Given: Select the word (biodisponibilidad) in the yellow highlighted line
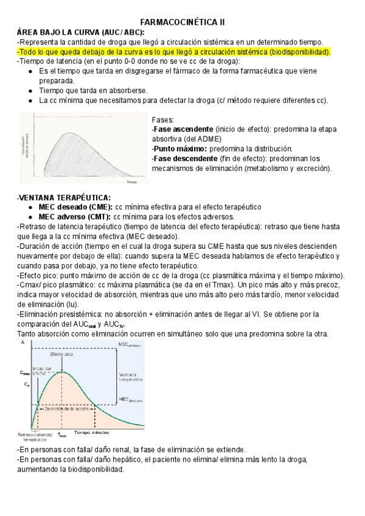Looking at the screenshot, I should [x=291, y=52].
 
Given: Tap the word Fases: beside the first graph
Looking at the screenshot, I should [x=162, y=120].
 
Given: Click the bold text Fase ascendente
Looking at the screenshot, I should [x=181, y=130].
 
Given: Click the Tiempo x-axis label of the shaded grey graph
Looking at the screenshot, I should [x=131, y=182].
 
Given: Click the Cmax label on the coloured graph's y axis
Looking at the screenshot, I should [x=24, y=372].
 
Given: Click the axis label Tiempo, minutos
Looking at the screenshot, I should [x=91, y=431].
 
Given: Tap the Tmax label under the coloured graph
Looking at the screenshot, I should [x=62, y=435].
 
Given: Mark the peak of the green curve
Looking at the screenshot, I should [x=61, y=372].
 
